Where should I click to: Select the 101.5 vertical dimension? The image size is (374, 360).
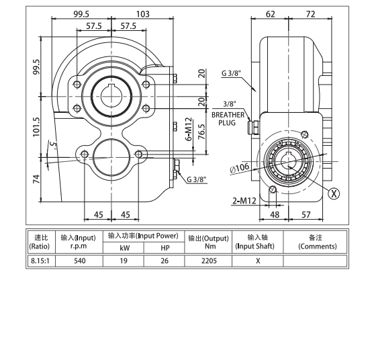[x=36, y=126]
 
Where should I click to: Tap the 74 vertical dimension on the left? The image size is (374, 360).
[x=36, y=178]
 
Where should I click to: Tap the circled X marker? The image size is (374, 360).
[x=334, y=193]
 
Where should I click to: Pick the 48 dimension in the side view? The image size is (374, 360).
[x=274, y=215]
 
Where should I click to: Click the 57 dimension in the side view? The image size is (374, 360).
[x=306, y=215]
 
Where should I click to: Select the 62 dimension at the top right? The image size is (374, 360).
[x=271, y=13]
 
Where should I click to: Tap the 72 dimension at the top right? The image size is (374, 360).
[x=310, y=13]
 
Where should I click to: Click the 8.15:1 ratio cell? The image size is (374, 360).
[x=38, y=261]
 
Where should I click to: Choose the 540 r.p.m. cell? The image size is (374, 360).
[x=78, y=261]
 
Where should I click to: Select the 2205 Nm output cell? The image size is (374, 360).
[x=208, y=261]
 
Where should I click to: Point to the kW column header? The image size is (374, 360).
[x=123, y=249]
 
